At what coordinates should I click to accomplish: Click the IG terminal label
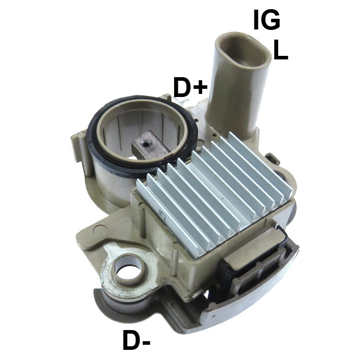267,20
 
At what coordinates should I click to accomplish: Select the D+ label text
190,88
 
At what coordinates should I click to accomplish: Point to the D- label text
137,341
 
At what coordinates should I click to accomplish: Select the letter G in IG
272,20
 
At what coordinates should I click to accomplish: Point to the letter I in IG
256,20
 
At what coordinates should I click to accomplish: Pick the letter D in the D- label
131,341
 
